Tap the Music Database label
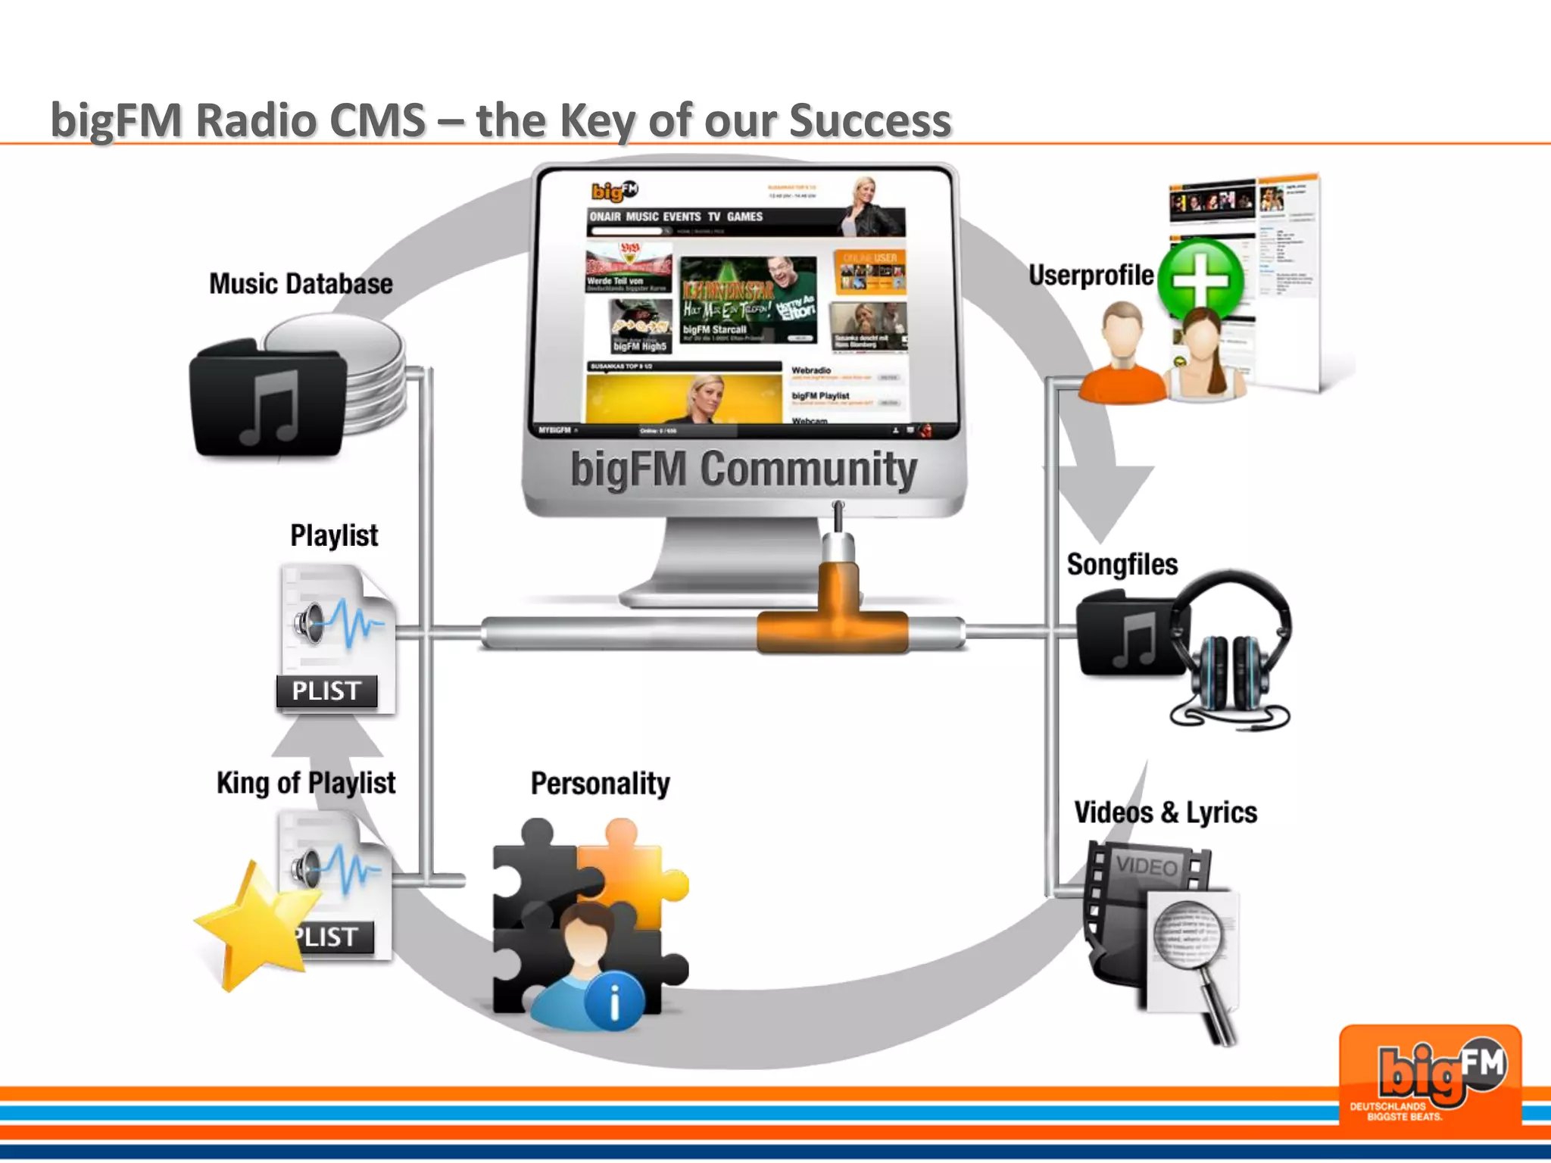coord(301,284)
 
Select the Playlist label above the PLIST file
coord(334,535)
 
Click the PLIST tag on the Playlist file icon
coord(326,691)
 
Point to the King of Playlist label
coord(306,783)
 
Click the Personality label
coord(600,784)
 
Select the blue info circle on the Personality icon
coord(614,1001)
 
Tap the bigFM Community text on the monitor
coord(744,469)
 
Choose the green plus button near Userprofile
coord(1200,279)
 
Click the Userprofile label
coord(1091,276)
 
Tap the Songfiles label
coord(1122,565)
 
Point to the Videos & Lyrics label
coord(1166,812)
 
